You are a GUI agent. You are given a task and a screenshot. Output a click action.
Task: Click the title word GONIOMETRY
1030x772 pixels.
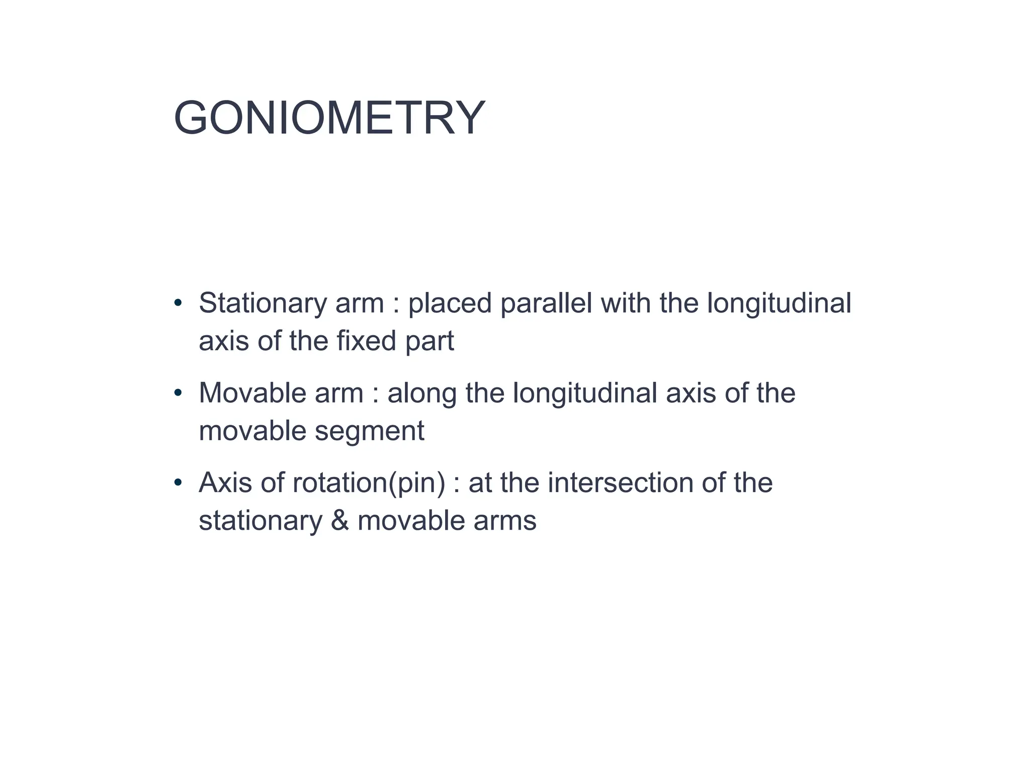(329, 118)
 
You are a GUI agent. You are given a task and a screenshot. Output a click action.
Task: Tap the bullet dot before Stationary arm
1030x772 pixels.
(177, 303)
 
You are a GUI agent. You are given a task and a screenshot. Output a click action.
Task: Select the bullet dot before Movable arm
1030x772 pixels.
(177, 393)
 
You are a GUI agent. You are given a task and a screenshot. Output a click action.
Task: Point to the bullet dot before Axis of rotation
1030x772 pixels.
(177, 482)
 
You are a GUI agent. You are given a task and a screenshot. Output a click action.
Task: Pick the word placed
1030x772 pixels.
(450, 303)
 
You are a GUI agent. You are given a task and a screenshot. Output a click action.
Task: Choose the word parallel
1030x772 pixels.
(546, 303)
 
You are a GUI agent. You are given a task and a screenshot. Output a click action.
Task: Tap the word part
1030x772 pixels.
(430, 342)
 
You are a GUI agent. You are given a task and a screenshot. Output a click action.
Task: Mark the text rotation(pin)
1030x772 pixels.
(369, 482)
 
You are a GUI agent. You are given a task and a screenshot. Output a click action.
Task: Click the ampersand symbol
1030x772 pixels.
(340, 521)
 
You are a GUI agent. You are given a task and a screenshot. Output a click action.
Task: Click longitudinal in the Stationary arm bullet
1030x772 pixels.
(779, 304)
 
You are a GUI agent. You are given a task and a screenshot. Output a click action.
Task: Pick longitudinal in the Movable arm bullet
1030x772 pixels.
(585, 394)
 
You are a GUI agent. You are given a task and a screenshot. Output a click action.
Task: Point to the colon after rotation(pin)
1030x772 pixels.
(457, 484)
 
